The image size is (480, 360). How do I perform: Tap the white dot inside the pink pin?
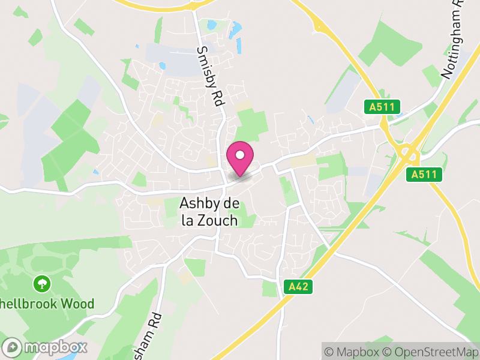pyautogui.click(x=240, y=155)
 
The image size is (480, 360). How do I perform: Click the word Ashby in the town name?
pyautogui.click(x=197, y=204)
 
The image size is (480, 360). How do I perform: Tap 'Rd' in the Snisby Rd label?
pyautogui.click(x=217, y=98)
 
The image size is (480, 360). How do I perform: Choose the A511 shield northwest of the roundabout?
pyautogui.click(x=382, y=107)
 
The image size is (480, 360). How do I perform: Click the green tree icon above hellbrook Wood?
pyautogui.click(x=42, y=282)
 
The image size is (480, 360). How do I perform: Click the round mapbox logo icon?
pyautogui.click(x=13, y=347)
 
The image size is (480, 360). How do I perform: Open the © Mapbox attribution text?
pyautogui.click(x=354, y=352)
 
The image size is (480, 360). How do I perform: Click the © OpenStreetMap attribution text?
pyautogui.click(x=431, y=352)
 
